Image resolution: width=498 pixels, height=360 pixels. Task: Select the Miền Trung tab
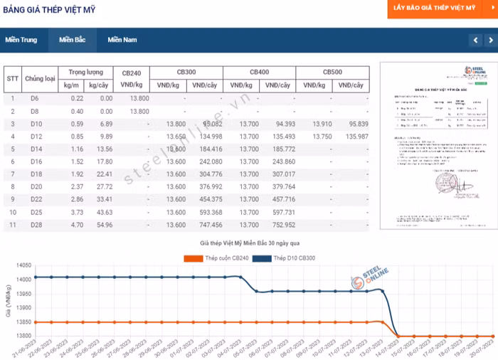(x=21, y=40)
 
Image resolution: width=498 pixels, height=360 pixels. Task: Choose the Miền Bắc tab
(x=72, y=40)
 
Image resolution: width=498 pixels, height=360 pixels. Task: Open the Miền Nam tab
(x=122, y=40)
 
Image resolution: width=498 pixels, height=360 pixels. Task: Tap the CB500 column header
(x=332, y=73)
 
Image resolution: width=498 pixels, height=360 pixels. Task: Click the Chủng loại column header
(x=40, y=79)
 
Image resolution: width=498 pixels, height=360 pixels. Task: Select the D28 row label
(x=35, y=225)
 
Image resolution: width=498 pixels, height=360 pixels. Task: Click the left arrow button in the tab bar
(x=475, y=41)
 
